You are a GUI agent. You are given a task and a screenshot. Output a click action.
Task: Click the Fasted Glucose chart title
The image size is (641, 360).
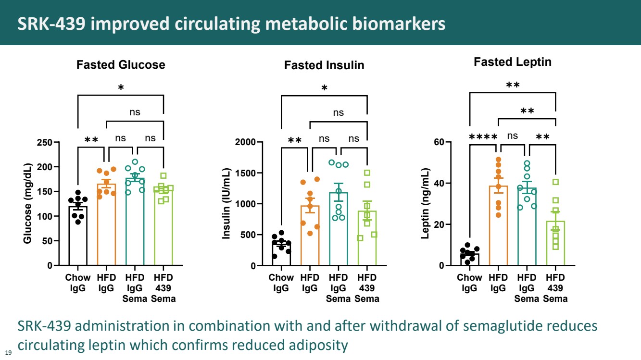(121, 65)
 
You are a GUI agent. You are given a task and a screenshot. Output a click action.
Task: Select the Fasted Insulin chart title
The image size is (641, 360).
(324, 65)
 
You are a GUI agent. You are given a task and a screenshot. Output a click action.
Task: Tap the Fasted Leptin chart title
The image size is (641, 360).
(513, 62)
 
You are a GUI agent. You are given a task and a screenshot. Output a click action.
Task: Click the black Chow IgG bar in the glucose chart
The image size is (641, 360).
(78, 236)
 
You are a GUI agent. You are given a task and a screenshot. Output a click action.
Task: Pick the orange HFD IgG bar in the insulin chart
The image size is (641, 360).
(310, 236)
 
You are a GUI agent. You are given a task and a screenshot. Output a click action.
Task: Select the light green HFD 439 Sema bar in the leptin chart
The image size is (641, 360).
(555, 243)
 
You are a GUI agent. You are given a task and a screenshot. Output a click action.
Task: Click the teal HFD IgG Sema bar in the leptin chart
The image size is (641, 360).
(527, 227)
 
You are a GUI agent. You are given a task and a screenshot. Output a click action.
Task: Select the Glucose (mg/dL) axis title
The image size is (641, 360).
(27, 204)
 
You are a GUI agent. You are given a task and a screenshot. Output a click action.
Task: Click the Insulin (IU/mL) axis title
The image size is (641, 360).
(226, 204)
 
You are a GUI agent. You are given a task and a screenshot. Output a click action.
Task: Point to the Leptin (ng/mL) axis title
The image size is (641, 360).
(425, 204)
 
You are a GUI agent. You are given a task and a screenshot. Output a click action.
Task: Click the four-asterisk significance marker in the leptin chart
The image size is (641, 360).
(483, 137)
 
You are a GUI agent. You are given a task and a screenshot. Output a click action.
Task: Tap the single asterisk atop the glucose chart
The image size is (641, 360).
(121, 87)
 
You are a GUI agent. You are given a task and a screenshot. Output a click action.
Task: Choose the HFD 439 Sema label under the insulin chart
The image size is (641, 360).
(367, 288)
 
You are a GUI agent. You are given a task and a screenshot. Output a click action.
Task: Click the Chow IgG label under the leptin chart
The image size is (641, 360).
(469, 283)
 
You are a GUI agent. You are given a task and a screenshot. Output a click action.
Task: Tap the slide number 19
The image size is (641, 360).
(8, 353)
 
